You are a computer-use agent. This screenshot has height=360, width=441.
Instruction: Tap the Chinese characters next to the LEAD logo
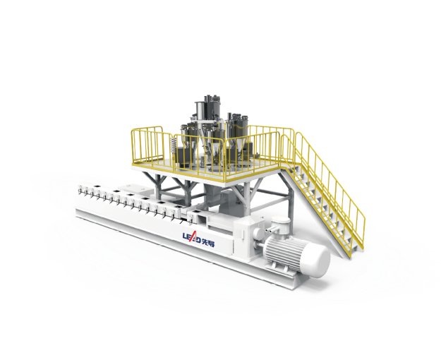[x=208, y=243]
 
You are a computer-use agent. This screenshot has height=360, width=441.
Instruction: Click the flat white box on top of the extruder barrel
[x=131, y=188]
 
